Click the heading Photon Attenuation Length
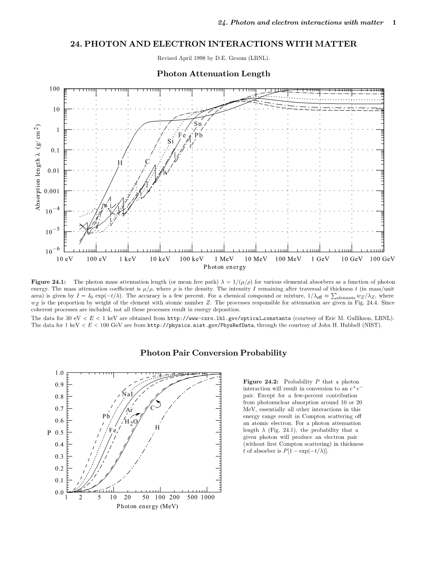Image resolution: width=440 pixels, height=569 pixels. click(214, 74)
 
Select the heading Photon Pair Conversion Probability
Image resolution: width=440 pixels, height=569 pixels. click(214, 353)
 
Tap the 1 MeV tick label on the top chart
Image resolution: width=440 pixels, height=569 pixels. click(224, 259)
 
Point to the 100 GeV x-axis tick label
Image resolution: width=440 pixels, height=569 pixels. click(382, 259)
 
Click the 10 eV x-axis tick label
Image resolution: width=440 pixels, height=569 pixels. click(64, 259)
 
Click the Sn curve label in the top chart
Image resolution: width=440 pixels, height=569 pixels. click(198, 124)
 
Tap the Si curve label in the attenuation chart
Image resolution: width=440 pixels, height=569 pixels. click(170, 141)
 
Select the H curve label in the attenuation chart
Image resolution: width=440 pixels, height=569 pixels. click(120, 163)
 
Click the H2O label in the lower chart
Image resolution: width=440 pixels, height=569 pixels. click(131, 422)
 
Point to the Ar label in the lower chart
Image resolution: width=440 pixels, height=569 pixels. click(129, 410)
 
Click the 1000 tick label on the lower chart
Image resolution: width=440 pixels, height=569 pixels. click(207, 497)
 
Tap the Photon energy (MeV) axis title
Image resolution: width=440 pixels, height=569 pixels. click(147, 506)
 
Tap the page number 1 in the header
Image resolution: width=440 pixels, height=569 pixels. click(394, 22)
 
